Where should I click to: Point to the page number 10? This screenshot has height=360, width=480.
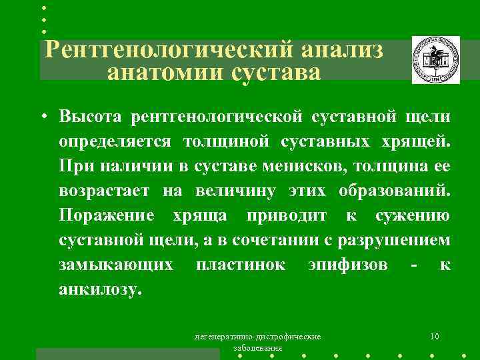(x=434, y=336)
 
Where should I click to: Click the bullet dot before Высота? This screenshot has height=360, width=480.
(x=41, y=118)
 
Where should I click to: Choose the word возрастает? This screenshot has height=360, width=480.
(x=106, y=191)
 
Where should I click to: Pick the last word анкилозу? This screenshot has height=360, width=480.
(x=100, y=289)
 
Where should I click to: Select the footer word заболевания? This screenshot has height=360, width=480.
(x=257, y=348)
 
